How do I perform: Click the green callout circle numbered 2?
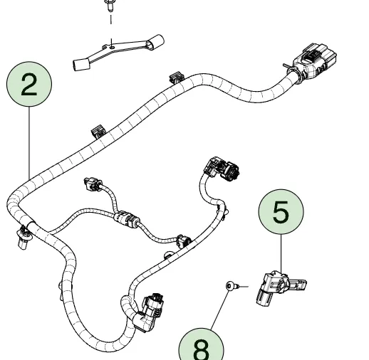(29, 84)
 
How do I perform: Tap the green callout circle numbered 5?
(281, 212)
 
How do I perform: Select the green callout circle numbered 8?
(202, 346)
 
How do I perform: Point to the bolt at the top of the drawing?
(109, 5)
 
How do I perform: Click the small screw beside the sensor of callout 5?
(232, 286)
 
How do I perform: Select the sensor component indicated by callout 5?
(280, 287)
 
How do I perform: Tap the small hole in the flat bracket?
(113, 48)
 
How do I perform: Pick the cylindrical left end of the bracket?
(81, 65)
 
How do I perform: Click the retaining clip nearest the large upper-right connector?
(177, 78)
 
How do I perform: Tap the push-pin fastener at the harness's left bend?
(24, 238)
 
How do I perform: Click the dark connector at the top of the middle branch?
(222, 169)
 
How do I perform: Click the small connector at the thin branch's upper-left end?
(92, 184)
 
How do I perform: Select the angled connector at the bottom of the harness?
(148, 312)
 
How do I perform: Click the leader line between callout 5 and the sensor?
(281, 254)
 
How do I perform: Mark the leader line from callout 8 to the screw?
(220, 309)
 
